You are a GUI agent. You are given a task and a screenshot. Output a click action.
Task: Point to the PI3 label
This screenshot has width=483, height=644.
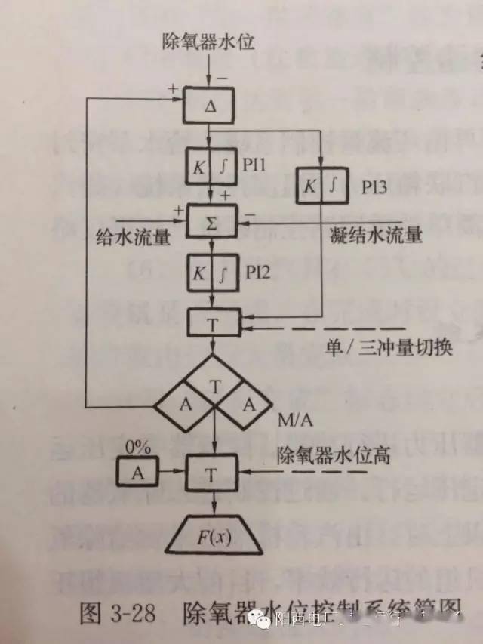coord(371,186)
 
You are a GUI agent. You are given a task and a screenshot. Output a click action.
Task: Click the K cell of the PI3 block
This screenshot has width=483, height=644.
coord(309,186)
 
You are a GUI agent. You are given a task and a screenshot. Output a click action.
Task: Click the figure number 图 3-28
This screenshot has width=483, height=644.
coord(112,613)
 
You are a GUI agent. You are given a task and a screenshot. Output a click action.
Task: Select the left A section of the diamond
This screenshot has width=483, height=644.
coord(184,404)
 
